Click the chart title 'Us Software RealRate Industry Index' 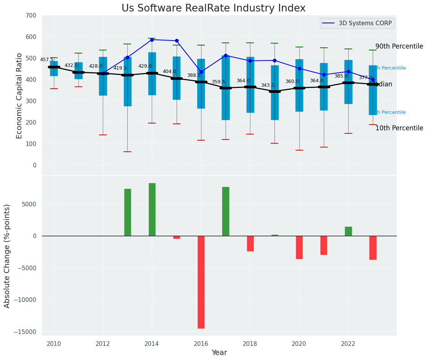click(x=213, y=8)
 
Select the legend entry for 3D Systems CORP click(x=365, y=23)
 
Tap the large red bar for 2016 click(x=201, y=282)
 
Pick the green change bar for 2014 click(x=152, y=209)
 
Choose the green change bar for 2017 click(x=226, y=211)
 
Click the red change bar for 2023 click(x=373, y=248)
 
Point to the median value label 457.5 click(x=47, y=60)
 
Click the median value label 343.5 click(x=268, y=85)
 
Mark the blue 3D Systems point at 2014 click(x=152, y=40)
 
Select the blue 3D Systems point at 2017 click(x=226, y=56)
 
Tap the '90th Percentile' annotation click(x=399, y=47)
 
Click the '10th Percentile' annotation click(x=399, y=128)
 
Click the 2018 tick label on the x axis click(x=250, y=344)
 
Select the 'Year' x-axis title click(x=219, y=353)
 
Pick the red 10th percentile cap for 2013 click(x=127, y=152)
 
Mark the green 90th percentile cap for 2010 click(x=54, y=58)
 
